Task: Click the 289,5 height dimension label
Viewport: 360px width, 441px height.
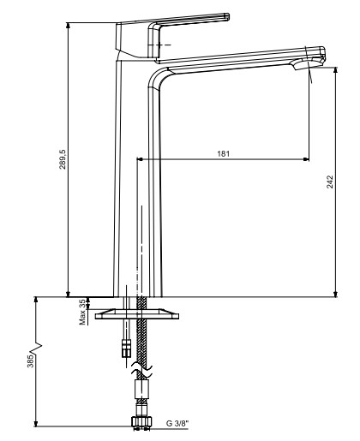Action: pos(63,159)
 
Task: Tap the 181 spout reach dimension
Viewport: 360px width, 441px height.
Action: pos(223,153)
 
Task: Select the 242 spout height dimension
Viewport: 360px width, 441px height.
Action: pos(330,182)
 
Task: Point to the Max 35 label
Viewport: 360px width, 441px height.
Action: pos(82,312)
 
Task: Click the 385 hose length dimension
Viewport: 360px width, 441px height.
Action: pos(31,361)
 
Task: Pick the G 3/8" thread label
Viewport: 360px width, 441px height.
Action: pos(177,423)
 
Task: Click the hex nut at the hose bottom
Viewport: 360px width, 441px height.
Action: pos(142,421)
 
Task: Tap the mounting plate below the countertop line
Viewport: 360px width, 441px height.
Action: pos(137,313)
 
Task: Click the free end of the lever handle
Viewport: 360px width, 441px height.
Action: pos(226,16)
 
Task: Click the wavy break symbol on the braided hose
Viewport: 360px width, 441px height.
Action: pos(141,370)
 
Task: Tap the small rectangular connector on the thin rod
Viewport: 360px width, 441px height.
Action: pos(126,348)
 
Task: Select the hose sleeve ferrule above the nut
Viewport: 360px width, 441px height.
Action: pos(141,389)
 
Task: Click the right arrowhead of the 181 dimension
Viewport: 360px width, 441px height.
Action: pos(306,159)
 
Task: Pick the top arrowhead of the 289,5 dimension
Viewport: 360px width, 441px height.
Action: pos(68,25)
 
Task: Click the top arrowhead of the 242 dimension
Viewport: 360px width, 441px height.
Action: pos(336,70)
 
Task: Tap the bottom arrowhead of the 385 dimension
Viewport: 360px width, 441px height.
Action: pos(36,424)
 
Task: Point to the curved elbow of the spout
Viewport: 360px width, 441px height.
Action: pos(157,76)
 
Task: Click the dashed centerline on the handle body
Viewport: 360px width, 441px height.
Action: pos(159,45)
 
